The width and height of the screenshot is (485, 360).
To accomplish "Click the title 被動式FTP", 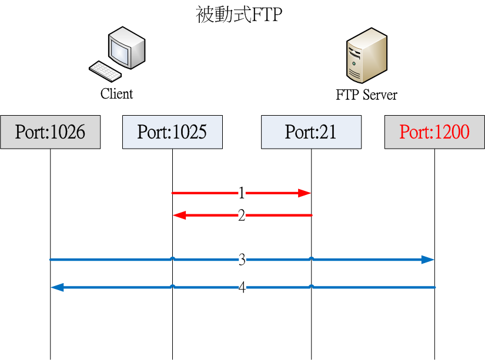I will tap(239, 15).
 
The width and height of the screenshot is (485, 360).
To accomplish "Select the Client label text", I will tap(116, 94).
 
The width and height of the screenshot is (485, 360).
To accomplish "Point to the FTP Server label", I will tap(366, 95).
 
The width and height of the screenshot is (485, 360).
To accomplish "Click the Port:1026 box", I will tap(50, 132).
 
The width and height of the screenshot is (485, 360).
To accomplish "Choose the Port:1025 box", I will tap(172, 132).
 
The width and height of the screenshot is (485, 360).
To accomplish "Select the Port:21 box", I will tap(310, 132).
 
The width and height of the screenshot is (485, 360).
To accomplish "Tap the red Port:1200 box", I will tap(434, 132).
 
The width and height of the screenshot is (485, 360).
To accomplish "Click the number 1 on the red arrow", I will tap(242, 193).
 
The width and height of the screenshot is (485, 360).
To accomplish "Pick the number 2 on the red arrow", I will tap(242, 216).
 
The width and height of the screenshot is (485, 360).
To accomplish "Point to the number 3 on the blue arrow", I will tap(242, 260).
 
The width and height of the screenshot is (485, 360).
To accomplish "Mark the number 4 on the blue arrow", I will tap(242, 287).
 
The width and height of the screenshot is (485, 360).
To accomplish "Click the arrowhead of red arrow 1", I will tap(305, 193).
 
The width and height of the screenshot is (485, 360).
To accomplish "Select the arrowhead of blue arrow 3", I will tap(427, 260).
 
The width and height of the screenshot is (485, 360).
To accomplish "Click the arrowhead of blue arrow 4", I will tap(58, 287).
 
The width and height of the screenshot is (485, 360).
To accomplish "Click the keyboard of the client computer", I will tap(105, 71).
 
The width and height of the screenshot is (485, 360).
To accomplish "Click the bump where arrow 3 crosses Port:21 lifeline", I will tap(312, 258).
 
